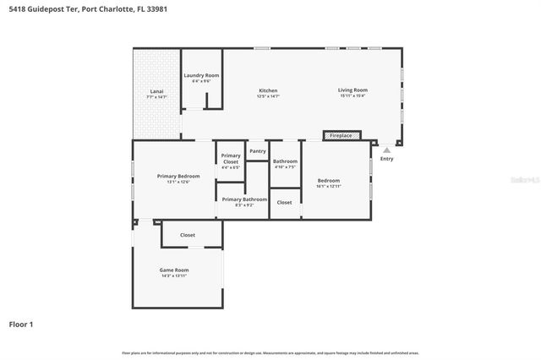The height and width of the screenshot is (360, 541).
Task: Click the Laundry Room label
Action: point(201,75)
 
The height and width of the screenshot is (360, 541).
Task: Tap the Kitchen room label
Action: point(268,90)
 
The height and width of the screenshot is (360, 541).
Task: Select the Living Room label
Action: point(352,90)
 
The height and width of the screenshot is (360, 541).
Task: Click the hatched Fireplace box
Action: point(342,135)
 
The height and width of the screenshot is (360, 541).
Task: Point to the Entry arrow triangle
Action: point(387,150)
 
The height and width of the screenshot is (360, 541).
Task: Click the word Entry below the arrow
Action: point(386,159)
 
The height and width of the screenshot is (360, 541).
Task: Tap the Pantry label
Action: point(258,151)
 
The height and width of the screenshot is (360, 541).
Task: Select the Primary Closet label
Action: point(231,158)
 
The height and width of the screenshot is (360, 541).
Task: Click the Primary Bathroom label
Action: point(244,199)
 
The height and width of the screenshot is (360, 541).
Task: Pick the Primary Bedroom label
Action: point(178,176)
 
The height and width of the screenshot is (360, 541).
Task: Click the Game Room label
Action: point(174,270)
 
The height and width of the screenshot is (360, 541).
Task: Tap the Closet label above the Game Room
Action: point(188,235)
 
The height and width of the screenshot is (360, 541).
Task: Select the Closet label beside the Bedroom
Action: point(285,203)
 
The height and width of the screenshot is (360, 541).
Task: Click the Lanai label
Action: point(156,90)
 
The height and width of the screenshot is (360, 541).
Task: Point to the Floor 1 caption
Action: point(21,324)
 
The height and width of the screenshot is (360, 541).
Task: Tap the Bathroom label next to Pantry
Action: point(285,161)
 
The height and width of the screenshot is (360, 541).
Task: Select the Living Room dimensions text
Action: point(352,96)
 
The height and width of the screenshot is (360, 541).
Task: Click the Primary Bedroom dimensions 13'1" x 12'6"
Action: point(178,183)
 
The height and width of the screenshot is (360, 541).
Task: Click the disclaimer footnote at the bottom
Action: point(270,352)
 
